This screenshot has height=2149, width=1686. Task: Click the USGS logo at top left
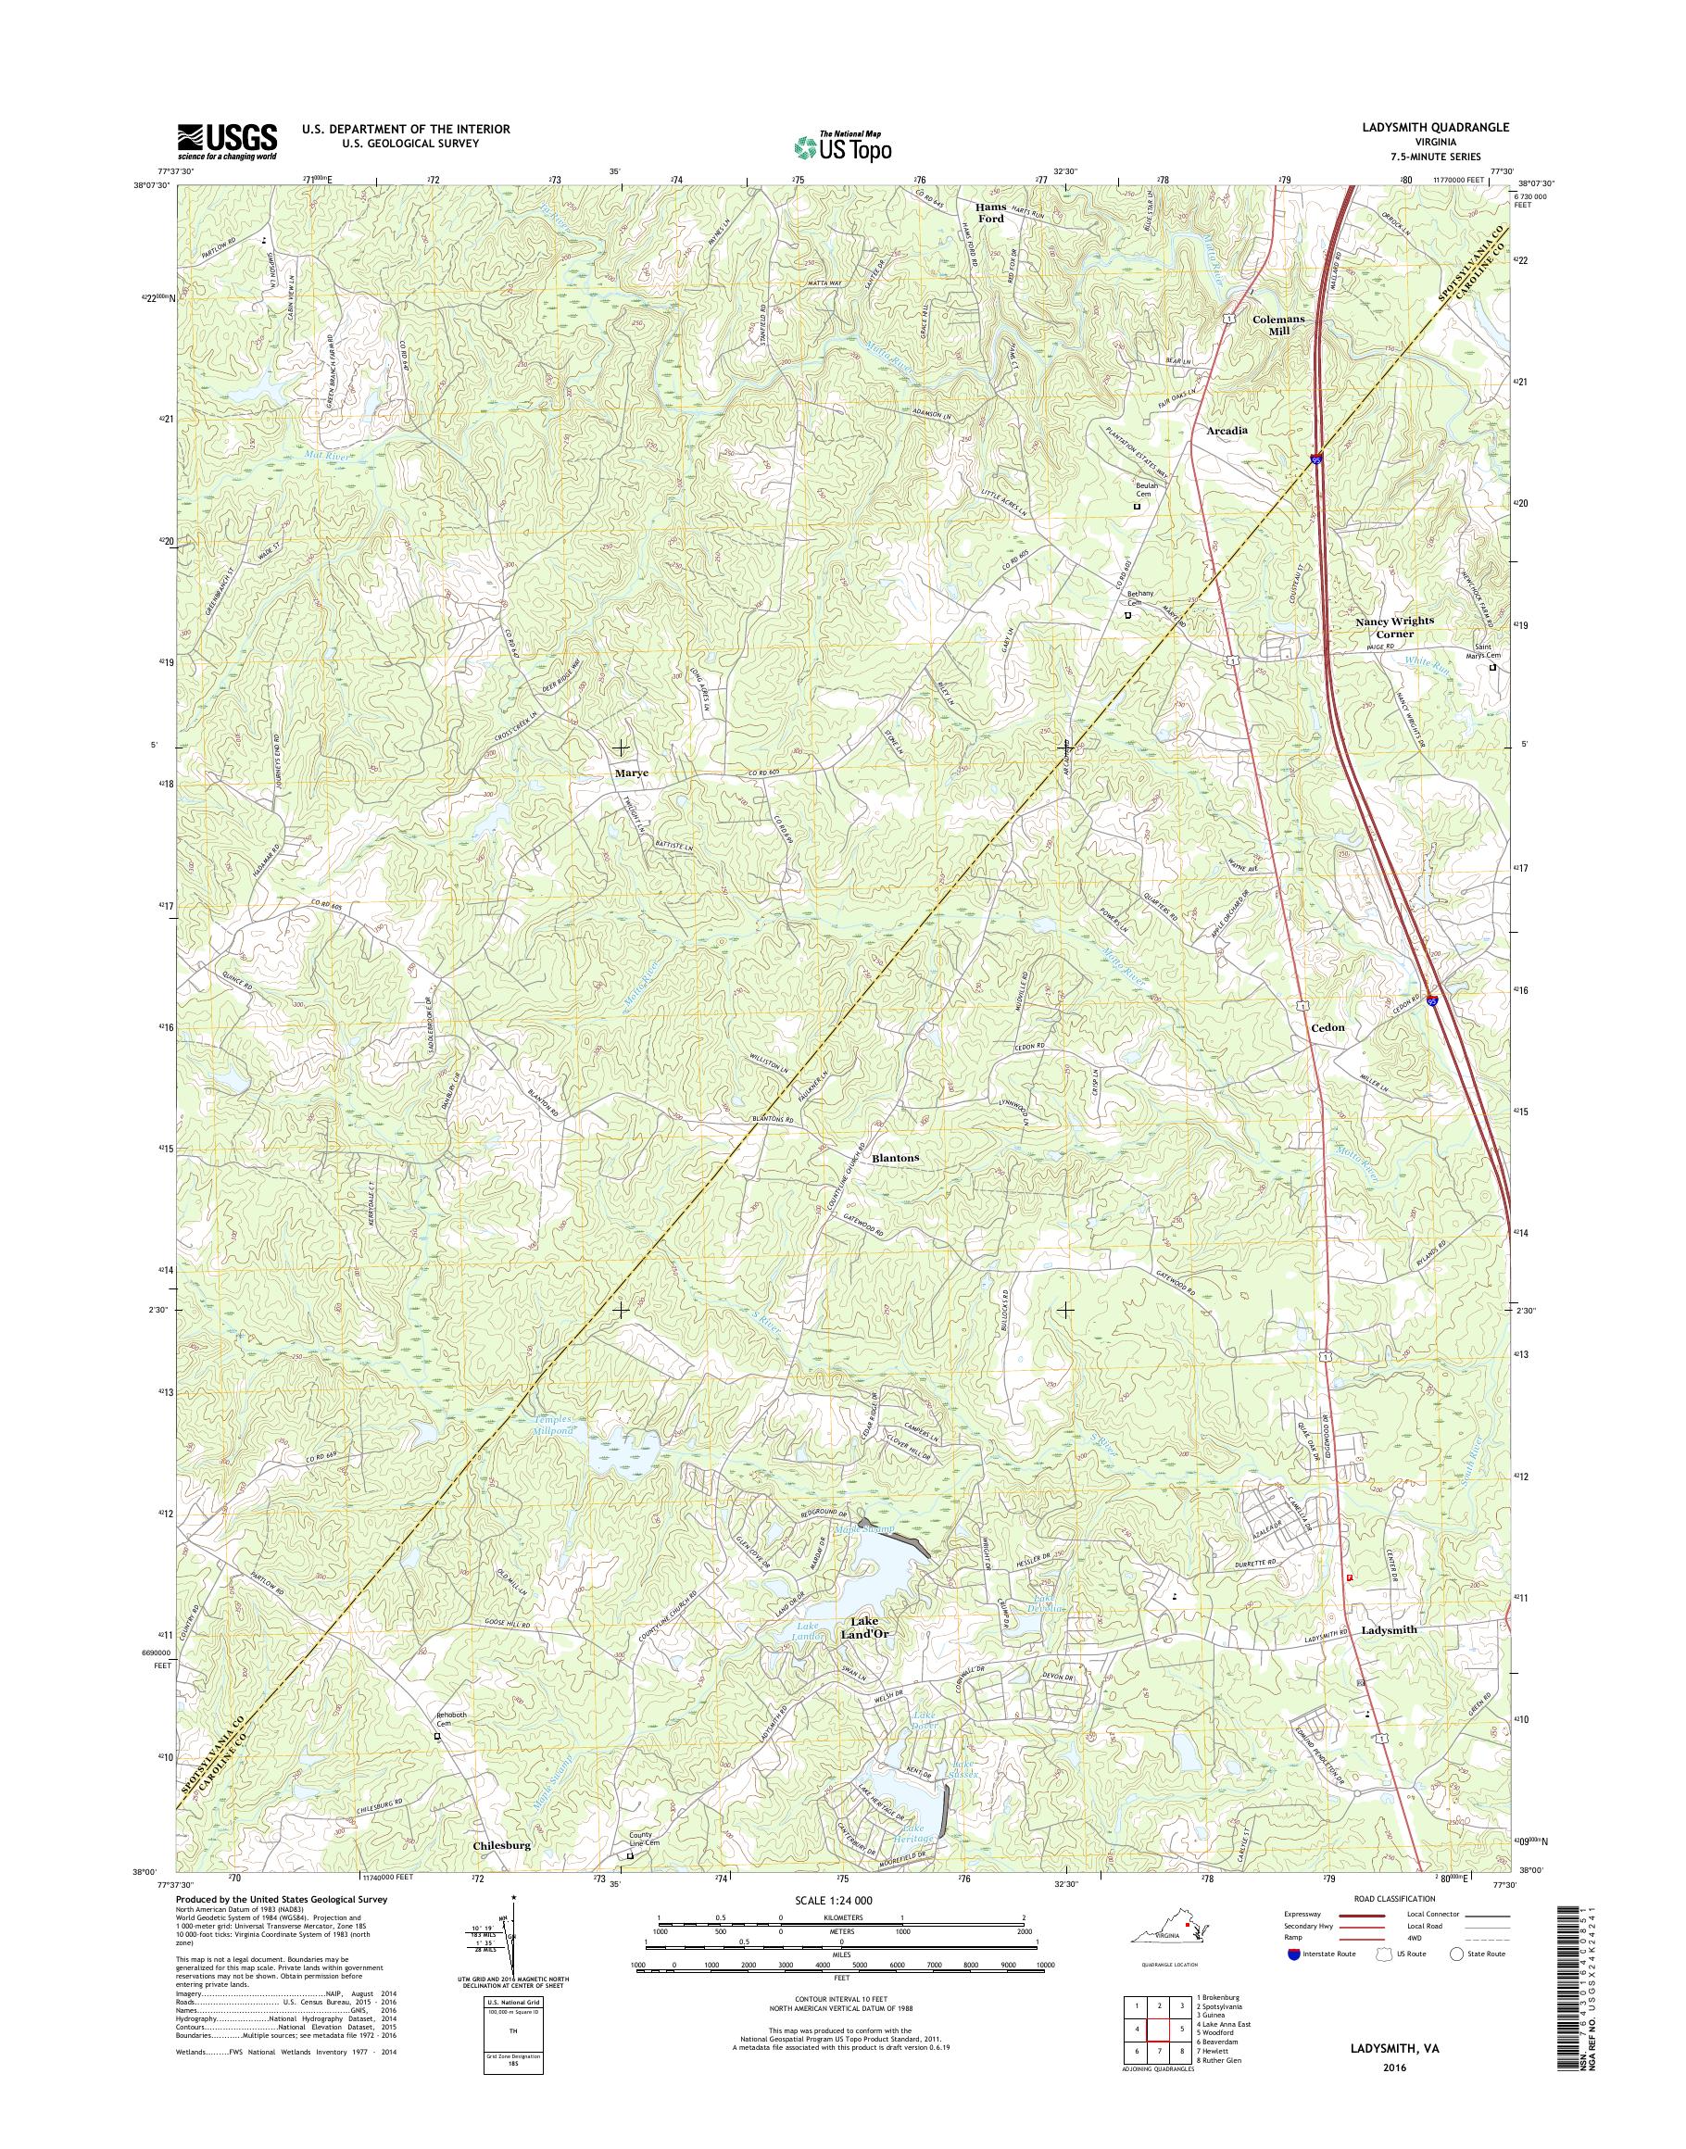pos(227,141)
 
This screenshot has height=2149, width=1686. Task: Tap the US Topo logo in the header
pos(842,147)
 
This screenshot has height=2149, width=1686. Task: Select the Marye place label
pos(632,773)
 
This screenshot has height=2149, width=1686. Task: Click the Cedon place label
pos(1327,1026)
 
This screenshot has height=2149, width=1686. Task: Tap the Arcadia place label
pos(1227,431)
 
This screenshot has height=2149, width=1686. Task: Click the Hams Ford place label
pos(990,212)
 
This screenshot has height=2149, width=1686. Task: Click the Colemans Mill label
pos(1278,325)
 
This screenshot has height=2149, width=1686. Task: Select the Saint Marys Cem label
pos(1479,651)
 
